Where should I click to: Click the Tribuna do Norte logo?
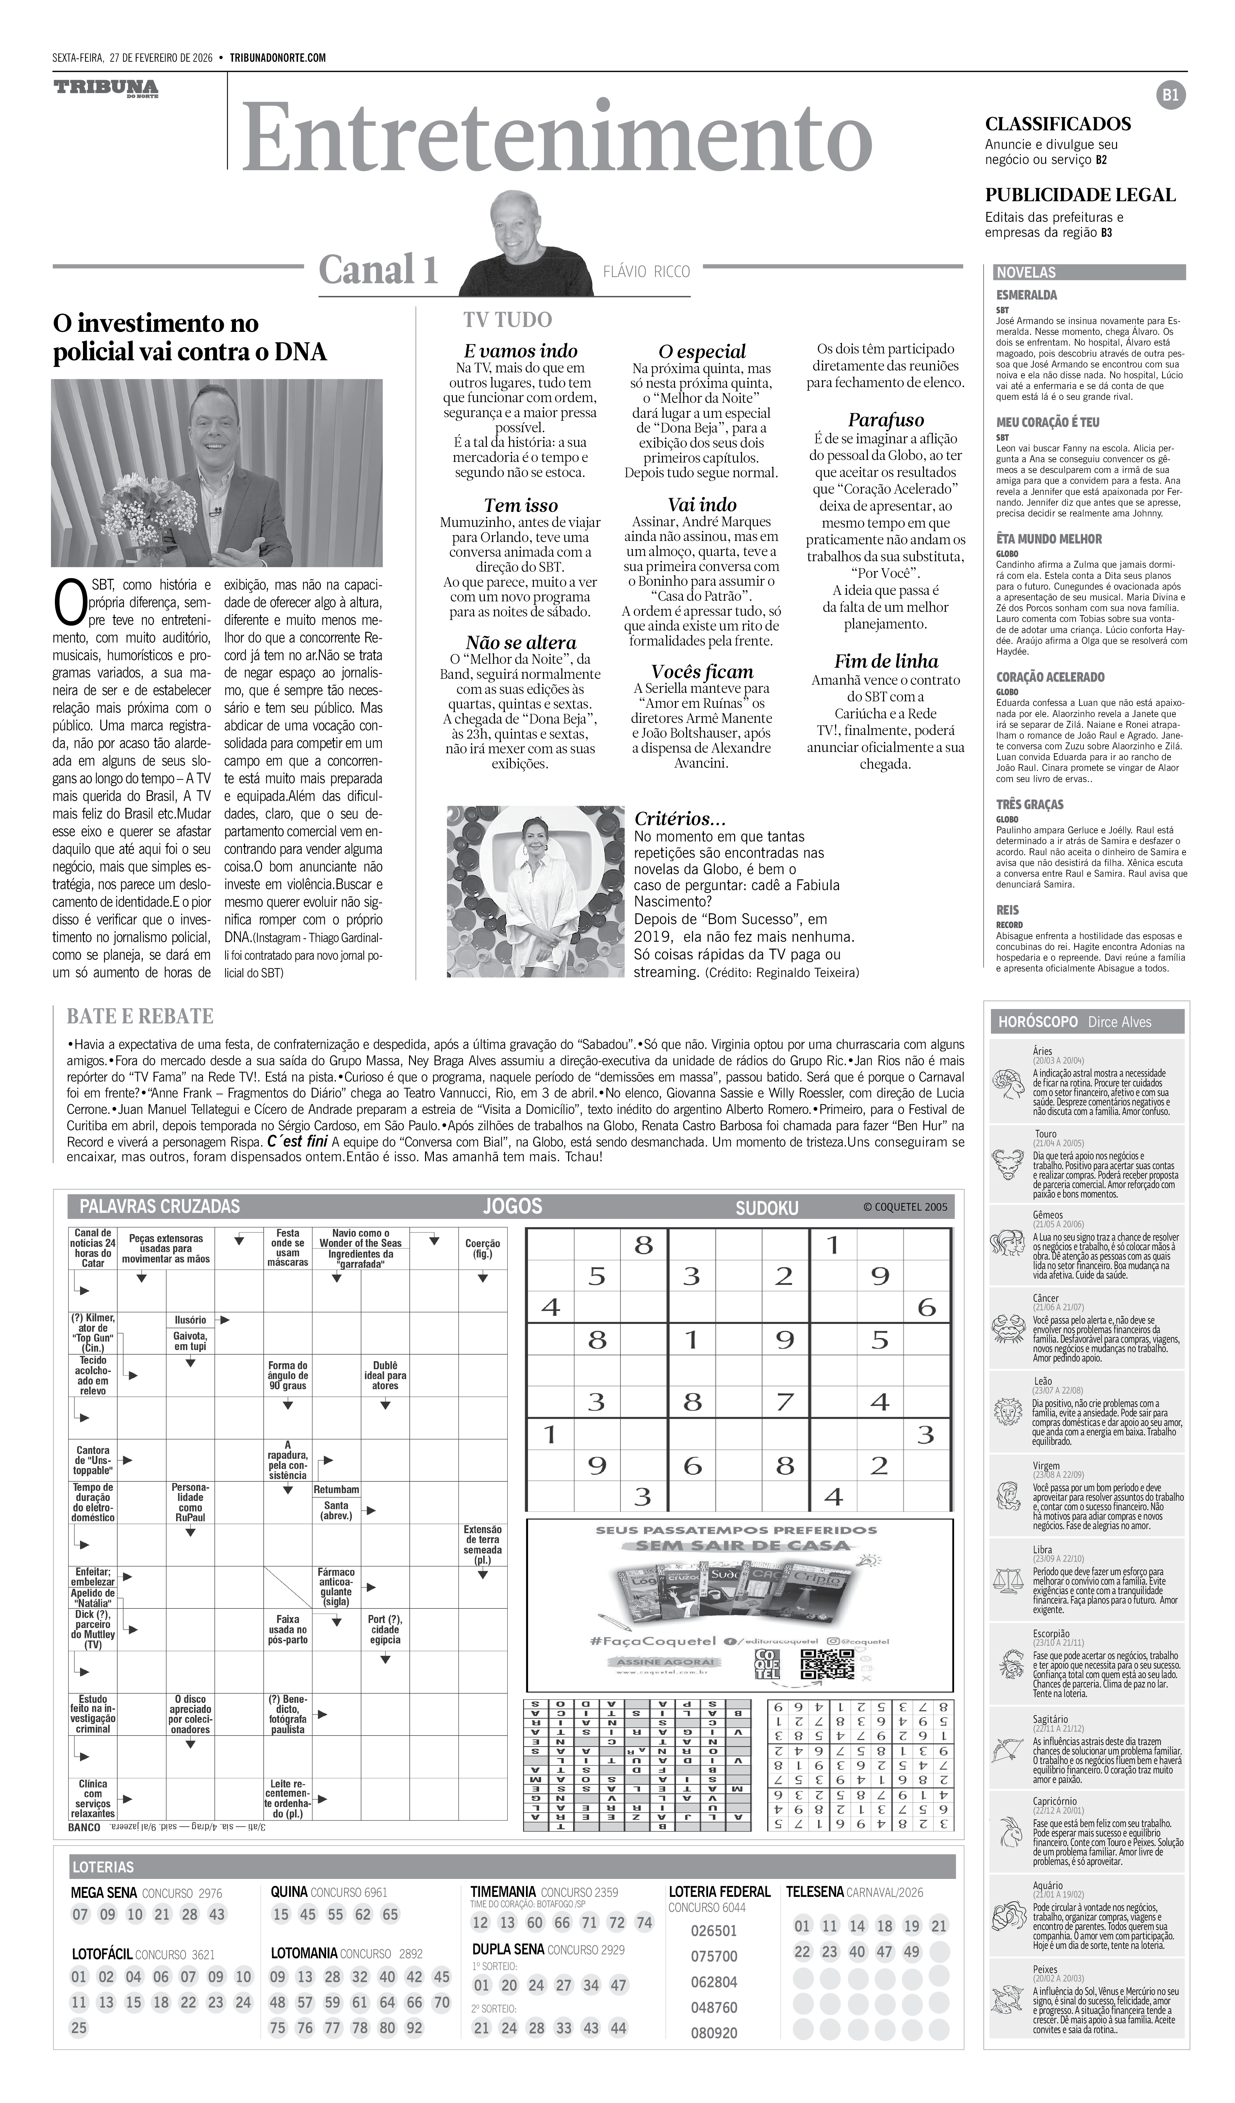(x=106, y=89)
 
